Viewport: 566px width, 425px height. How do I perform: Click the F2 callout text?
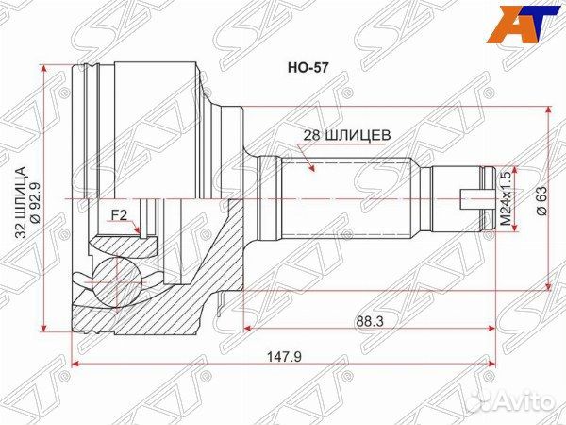coord(119,215)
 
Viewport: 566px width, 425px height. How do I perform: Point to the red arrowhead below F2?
coord(138,229)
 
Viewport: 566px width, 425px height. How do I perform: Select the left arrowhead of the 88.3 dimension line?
coord(248,328)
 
